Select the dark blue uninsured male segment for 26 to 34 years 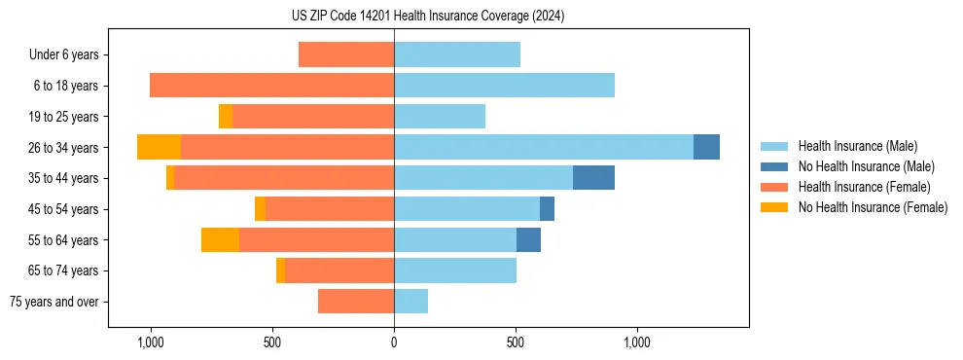[706, 147]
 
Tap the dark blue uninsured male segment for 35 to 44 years [593, 178]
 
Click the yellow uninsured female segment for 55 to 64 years [220, 240]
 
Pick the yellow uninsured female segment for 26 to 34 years [159, 147]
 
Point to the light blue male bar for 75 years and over [410, 302]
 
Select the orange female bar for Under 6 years [346, 54]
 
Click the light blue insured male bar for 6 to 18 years [504, 86]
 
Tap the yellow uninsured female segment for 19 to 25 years [226, 117]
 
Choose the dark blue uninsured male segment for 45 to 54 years [547, 209]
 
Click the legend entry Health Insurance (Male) [857, 146]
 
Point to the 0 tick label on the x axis [394, 342]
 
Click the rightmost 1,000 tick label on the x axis [637, 342]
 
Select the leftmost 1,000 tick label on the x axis [151, 342]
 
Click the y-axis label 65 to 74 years [64, 270]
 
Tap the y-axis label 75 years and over [54, 302]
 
